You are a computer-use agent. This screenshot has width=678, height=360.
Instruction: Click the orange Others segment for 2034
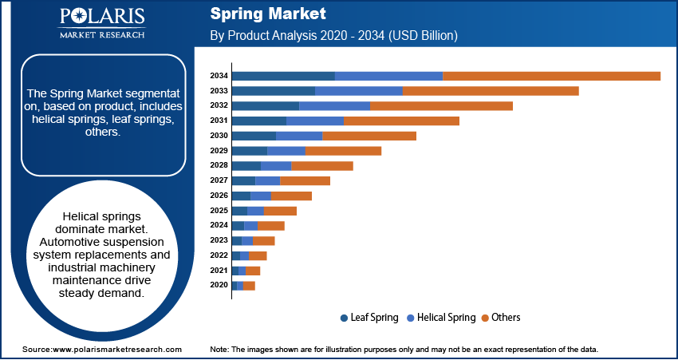coord(551,76)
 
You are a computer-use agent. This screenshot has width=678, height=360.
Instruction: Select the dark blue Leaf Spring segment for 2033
coord(274,91)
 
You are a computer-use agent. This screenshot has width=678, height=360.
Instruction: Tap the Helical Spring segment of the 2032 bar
coord(334,106)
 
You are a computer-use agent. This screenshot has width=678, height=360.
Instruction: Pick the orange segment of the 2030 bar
coord(369,136)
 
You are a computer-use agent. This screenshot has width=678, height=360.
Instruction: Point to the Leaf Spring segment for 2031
coord(258,121)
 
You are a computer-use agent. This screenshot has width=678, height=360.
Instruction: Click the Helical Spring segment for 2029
coord(286,151)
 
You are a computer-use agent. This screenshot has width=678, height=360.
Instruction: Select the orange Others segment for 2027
coord(305,181)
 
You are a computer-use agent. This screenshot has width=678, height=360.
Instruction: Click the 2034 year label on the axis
coord(219,76)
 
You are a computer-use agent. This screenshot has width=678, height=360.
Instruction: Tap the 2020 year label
coord(219,285)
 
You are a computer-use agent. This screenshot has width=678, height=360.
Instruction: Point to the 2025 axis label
coord(219,211)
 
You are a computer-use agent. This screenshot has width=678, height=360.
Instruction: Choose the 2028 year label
coord(219,165)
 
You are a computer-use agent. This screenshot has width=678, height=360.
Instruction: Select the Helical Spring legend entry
coord(447,318)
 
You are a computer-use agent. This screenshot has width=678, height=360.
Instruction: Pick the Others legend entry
coord(506,318)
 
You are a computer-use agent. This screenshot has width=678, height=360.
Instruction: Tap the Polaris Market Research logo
coord(101,22)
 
